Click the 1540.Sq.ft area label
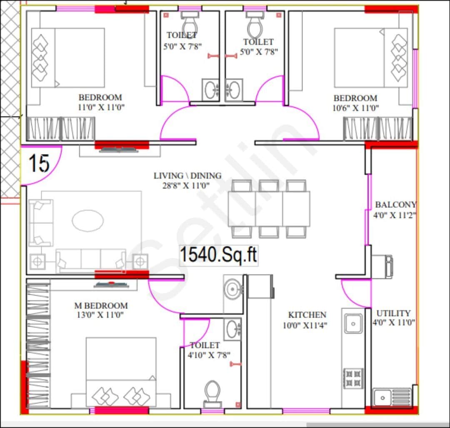tap(218, 255)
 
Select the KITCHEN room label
tap(307, 315)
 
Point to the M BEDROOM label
tap(101, 306)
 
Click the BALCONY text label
tap(395, 205)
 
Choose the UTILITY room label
tap(393, 313)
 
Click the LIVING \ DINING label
tap(187, 176)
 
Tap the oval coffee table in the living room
tap(87, 220)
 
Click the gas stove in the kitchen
tap(353, 378)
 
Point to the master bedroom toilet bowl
tap(212, 391)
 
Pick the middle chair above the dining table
tap(269, 186)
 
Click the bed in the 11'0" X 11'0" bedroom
tap(68, 57)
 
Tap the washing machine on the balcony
tap(382, 266)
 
